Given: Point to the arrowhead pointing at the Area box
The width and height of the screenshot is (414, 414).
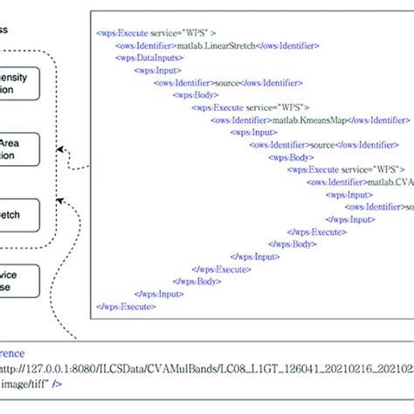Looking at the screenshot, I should (72, 163).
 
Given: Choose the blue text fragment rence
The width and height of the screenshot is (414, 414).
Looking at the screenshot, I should (11, 355).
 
